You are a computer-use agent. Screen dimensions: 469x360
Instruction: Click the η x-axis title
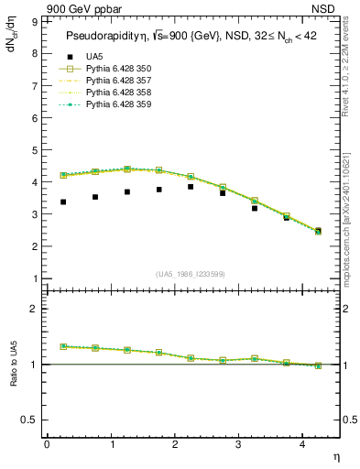click(335, 456)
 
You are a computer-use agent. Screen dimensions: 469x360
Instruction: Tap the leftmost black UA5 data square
click(63, 202)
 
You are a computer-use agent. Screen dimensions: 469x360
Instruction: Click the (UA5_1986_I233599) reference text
click(191, 275)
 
